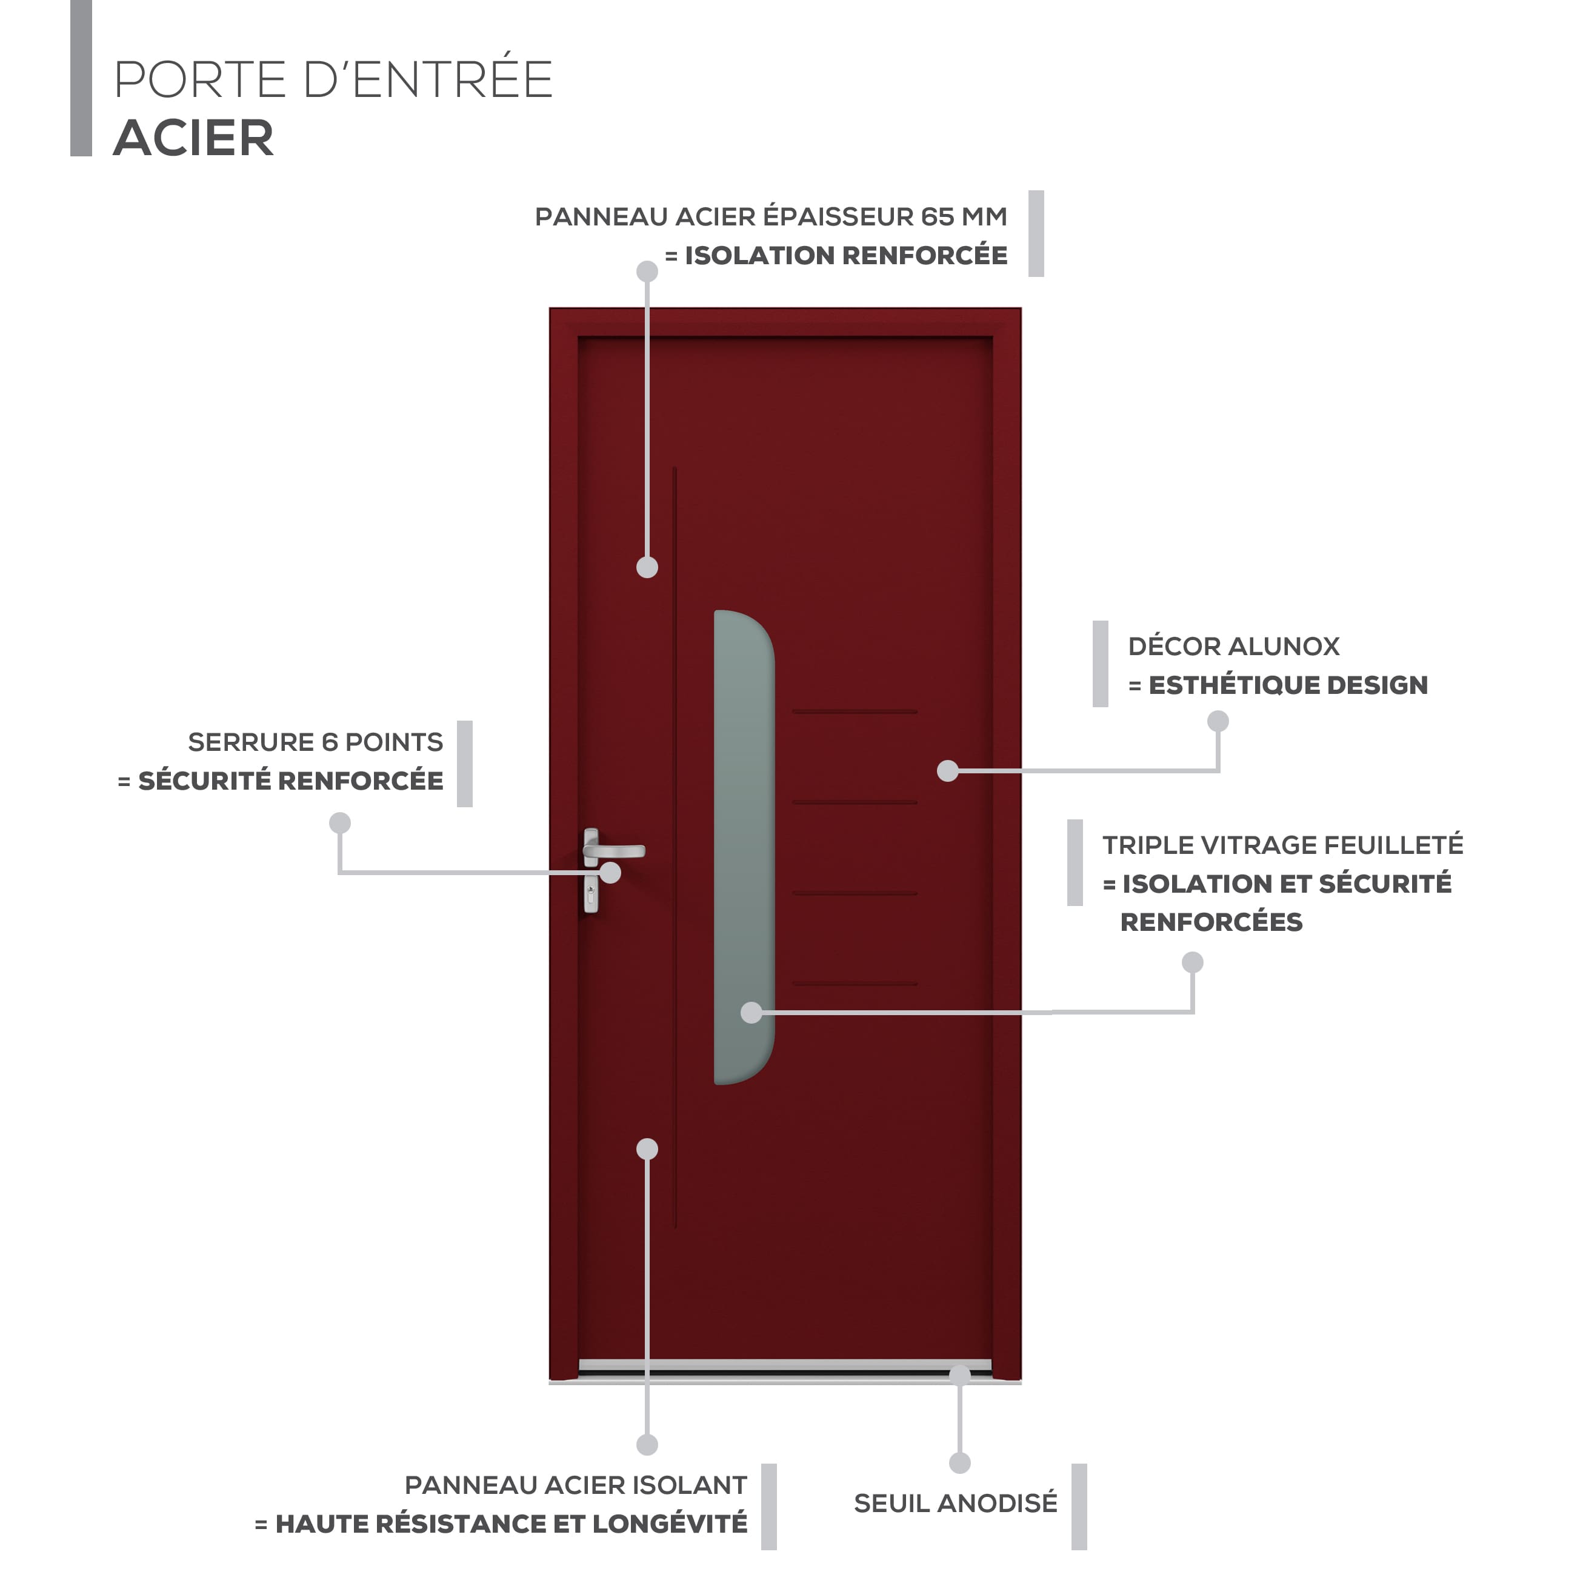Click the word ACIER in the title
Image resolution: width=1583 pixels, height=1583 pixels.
tap(193, 138)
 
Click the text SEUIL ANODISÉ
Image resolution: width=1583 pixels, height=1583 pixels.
tap(955, 1504)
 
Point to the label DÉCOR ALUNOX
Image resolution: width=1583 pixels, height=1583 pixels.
tap(1234, 647)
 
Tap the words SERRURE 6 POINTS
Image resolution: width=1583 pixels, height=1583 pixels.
tap(316, 742)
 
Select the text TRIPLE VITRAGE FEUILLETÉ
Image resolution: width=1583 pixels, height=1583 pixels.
tap(1283, 845)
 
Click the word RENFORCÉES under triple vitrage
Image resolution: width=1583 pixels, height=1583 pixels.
tap(1211, 922)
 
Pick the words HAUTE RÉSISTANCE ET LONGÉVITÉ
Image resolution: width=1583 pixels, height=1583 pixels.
tap(512, 1524)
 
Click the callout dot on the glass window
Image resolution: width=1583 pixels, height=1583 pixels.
tap(752, 1013)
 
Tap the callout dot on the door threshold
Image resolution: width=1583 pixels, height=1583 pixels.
tap(959, 1375)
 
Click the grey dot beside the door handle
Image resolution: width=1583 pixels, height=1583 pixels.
tap(610, 873)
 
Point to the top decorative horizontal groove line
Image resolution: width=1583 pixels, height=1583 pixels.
tap(855, 712)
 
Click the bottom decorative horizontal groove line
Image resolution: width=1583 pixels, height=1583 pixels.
tap(855, 984)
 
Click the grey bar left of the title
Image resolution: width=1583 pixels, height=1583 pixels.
tap(81, 78)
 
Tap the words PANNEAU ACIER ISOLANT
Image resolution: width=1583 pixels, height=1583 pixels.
tap(576, 1485)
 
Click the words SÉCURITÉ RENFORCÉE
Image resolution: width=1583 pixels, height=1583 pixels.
tap(291, 781)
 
